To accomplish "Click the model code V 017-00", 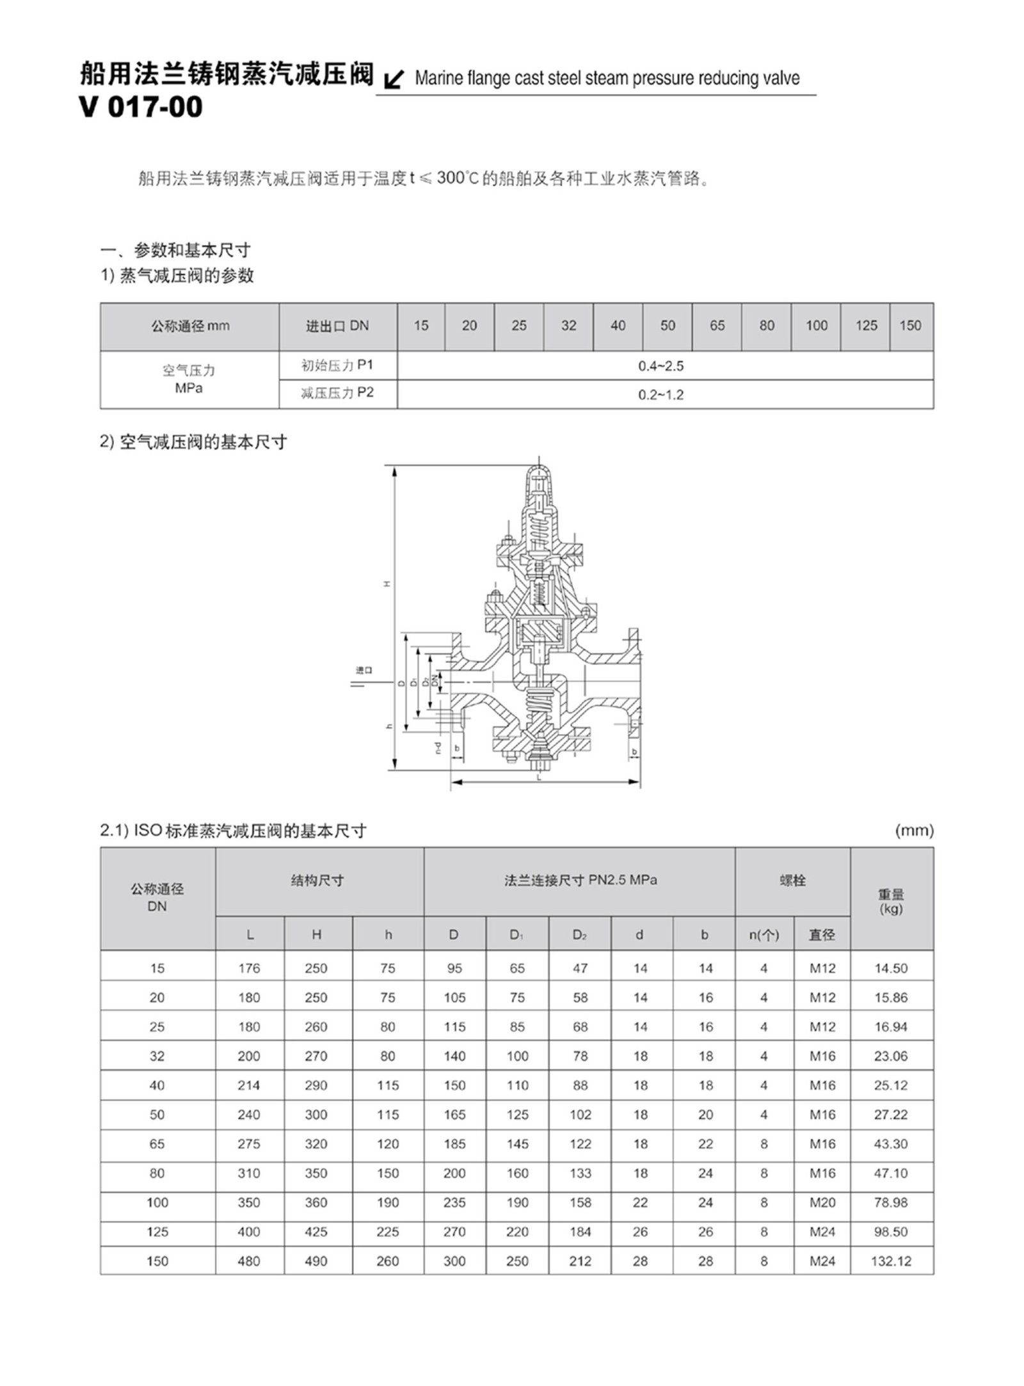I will point(141,107).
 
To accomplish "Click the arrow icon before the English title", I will point(395,80).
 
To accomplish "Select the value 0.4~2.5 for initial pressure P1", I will point(660,366).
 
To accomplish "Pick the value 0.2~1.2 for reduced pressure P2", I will point(660,395).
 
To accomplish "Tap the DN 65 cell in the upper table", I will point(717,326).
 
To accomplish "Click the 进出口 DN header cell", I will point(337,326).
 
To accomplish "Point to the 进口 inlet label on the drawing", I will point(364,670).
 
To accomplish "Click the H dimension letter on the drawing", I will point(387,584).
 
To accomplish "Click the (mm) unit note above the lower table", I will point(914,831).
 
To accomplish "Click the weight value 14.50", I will point(891,968).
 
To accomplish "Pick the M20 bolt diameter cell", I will point(822,1202).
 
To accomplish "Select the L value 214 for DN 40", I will point(249,1085).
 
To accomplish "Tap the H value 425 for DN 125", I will point(316,1232).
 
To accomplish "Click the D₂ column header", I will point(580,935).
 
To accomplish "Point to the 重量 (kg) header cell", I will point(891,901).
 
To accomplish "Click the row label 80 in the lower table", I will point(157,1173).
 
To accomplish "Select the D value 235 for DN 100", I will point(454,1202).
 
